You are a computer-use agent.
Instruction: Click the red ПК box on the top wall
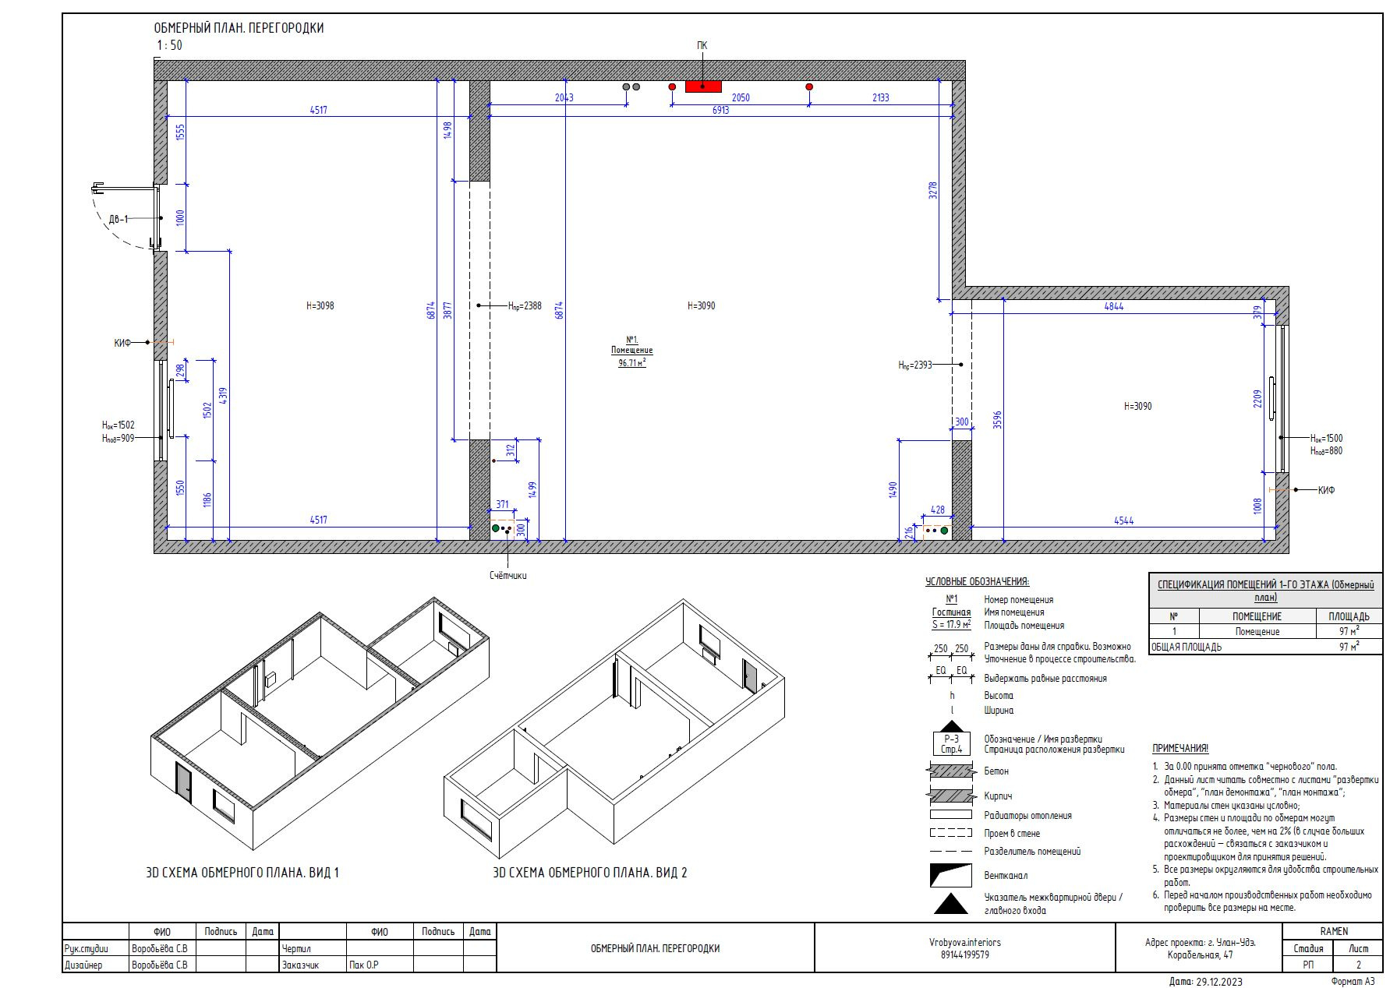coord(702,86)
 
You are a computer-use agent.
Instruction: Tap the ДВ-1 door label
coord(118,219)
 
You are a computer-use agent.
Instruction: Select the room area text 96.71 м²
coord(631,363)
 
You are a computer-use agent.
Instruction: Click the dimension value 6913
coord(720,111)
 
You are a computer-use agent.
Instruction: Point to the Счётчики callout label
coord(508,576)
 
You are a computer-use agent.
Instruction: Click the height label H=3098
coord(320,305)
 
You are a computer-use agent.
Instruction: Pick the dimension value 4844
coord(1114,306)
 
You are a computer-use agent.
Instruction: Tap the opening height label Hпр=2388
coord(525,306)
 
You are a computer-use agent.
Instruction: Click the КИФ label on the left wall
coord(122,343)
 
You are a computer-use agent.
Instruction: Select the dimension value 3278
coord(933,191)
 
